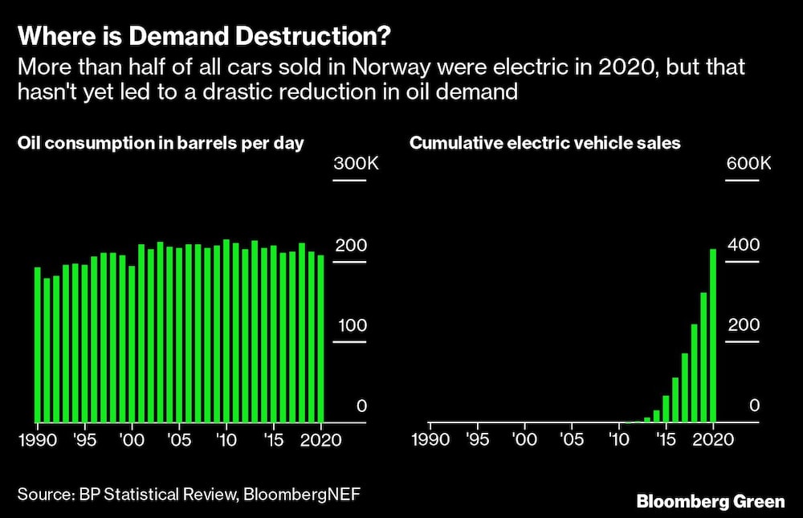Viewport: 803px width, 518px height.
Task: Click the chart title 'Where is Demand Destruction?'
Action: pyautogui.click(x=206, y=37)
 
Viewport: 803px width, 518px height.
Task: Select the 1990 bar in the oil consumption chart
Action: pyautogui.click(x=37, y=345)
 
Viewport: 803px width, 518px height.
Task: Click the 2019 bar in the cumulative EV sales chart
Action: pyautogui.click(x=703, y=357)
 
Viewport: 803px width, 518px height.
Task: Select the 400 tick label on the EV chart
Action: pyautogui.click(x=742, y=245)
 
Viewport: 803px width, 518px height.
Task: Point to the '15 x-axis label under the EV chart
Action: pyautogui.click(x=665, y=441)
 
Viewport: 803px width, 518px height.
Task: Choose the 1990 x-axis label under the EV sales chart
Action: pyautogui.click(x=430, y=441)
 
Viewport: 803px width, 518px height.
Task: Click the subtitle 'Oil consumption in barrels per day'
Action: pyautogui.click(x=161, y=144)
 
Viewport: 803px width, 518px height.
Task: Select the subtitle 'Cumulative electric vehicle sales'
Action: pyautogui.click(x=545, y=144)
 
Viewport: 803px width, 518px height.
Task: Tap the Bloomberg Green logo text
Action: pyautogui.click(x=710, y=501)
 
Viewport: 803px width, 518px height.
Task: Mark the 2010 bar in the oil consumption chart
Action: pyautogui.click(x=226, y=331)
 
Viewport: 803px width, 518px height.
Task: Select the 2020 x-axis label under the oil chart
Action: pyautogui.click(x=321, y=441)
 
